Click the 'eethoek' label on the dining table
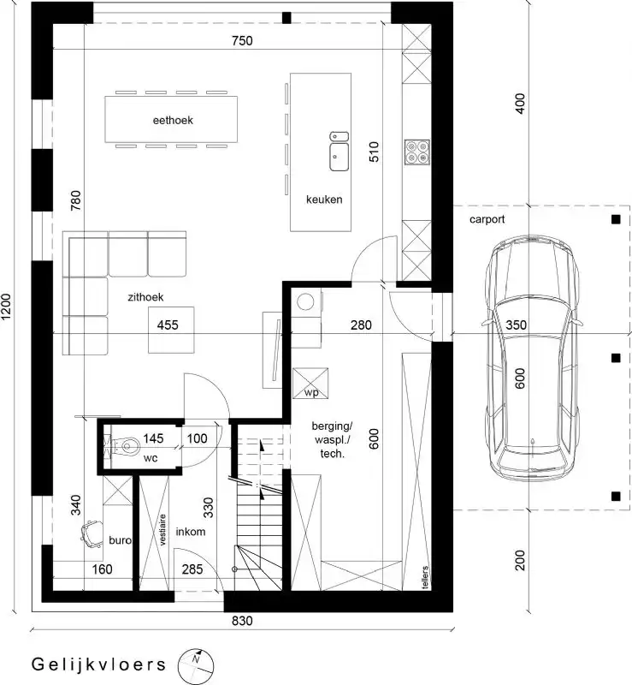point(173,121)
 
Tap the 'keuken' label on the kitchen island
point(324,200)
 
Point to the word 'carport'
point(487,219)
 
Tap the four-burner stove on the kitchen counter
point(417,152)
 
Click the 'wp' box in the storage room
point(310,383)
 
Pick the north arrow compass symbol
point(195,662)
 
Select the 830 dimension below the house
point(242,622)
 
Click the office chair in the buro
point(90,533)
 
